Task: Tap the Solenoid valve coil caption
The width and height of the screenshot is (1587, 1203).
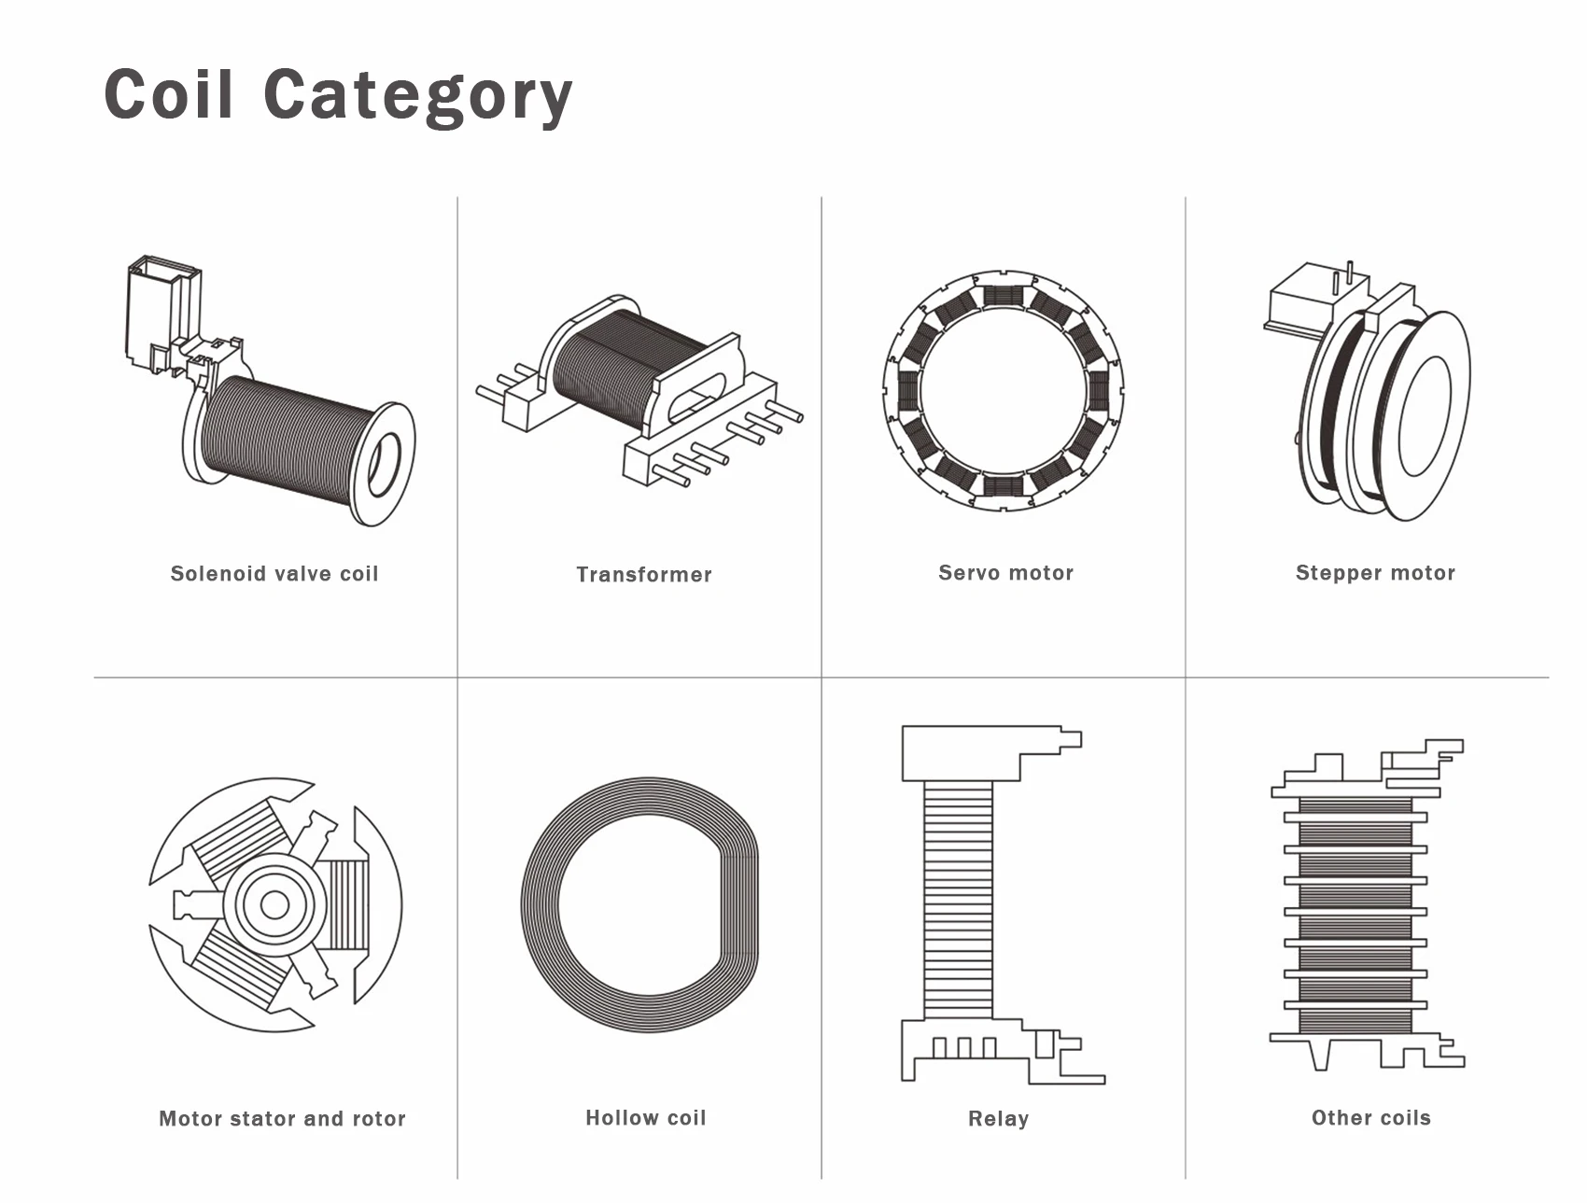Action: click(x=274, y=574)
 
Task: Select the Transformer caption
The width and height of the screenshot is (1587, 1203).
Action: click(x=644, y=575)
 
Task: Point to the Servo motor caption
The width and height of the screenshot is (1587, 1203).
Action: click(x=1005, y=573)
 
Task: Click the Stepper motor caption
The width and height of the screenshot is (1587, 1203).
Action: click(x=1375, y=573)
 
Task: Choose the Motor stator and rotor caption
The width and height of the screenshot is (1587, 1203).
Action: click(x=282, y=1118)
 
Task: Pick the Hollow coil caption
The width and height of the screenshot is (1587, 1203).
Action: click(x=645, y=1117)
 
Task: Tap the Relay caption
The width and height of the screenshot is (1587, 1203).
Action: click(x=998, y=1118)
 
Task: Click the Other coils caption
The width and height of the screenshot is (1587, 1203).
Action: click(x=1370, y=1117)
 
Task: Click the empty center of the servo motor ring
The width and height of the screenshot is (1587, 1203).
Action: click(x=1004, y=391)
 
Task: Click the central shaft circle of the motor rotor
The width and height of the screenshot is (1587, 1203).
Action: click(x=274, y=904)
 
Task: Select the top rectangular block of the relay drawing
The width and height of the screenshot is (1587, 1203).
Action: click(x=962, y=752)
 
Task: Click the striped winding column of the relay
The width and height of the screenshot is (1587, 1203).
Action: click(x=958, y=901)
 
